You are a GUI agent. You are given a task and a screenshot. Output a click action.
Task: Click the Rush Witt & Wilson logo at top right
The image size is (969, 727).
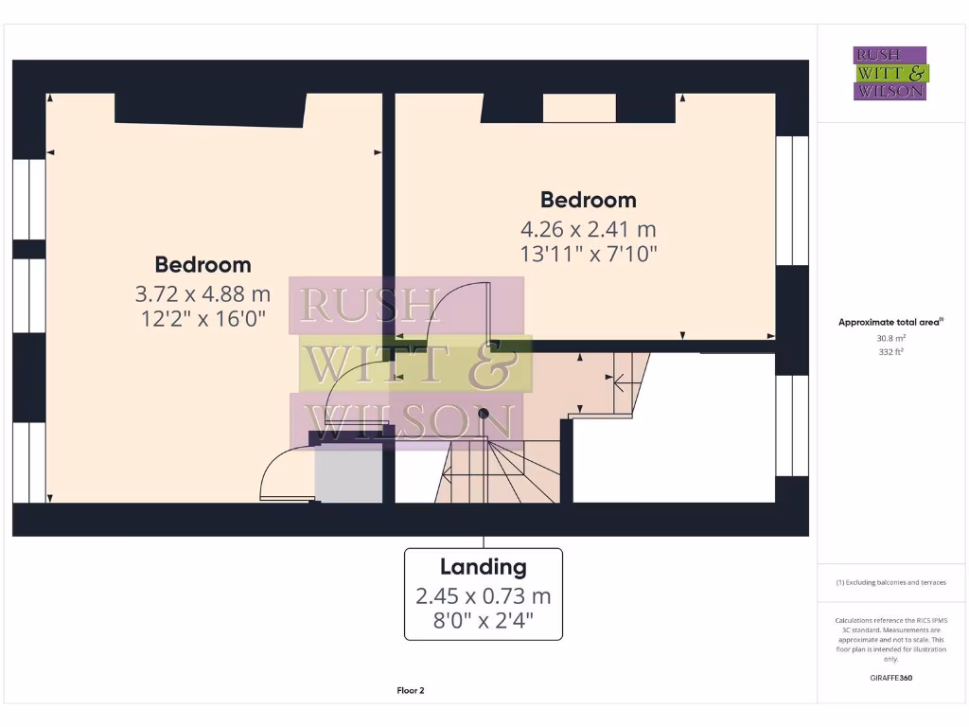click(x=890, y=73)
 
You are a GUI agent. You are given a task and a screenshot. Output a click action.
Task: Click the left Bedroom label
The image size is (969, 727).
click(x=203, y=265)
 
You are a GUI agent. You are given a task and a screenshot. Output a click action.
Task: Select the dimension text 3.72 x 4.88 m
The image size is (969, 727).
click(x=203, y=293)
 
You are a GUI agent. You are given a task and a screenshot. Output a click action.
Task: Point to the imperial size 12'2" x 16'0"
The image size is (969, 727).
click(x=203, y=319)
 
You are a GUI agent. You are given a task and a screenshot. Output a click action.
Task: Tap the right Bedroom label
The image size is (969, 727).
click(x=588, y=200)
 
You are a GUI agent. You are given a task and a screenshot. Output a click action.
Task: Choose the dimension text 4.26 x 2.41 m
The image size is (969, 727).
click(x=588, y=229)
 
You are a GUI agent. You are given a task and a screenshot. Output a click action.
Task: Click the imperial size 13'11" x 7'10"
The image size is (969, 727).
click(x=588, y=254)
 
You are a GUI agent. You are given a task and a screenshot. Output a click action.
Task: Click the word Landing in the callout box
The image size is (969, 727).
click(x=483, y=567)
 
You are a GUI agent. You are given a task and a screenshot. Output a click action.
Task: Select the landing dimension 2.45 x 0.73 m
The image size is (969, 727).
click(x=483, y=596)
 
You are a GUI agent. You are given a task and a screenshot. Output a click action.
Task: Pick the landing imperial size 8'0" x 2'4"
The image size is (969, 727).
click(x=483, y=622)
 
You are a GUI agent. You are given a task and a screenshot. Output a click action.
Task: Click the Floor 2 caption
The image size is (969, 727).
click(x=410, y=691)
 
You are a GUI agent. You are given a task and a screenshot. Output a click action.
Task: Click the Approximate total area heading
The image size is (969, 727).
click(x=890, y=323)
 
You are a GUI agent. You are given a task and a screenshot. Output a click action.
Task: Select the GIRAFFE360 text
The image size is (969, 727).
click(x=890, y=678)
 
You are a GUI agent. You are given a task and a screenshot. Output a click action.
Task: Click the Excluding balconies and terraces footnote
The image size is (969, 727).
click(x=890, y=582)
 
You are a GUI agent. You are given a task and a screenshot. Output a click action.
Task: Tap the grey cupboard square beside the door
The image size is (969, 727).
click(x=347, y=473)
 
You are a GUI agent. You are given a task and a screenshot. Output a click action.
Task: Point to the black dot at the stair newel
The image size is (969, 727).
click(x=483, y=414)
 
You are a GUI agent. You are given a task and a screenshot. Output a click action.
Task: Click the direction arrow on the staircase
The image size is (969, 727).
click(x=621, y=383)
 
